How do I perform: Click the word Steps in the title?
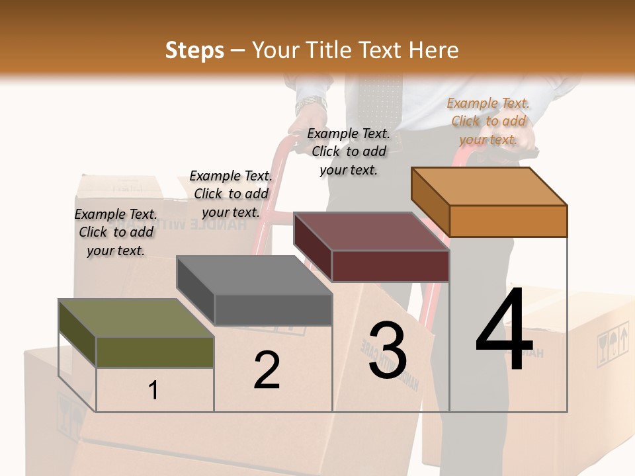pos(194,50)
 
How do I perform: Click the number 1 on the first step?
pos(153,390)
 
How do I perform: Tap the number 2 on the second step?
pos(267,370)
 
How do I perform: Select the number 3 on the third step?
pos(388,350)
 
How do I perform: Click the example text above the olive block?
pos(116,232)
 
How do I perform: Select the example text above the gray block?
pos(231,194)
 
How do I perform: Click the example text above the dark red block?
pos(349,151)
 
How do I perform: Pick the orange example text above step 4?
pos(488,121)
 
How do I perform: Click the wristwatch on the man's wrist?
pos(311,104)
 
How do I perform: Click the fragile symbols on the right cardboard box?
pos(612,343)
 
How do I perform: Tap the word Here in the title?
pos(434,50)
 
